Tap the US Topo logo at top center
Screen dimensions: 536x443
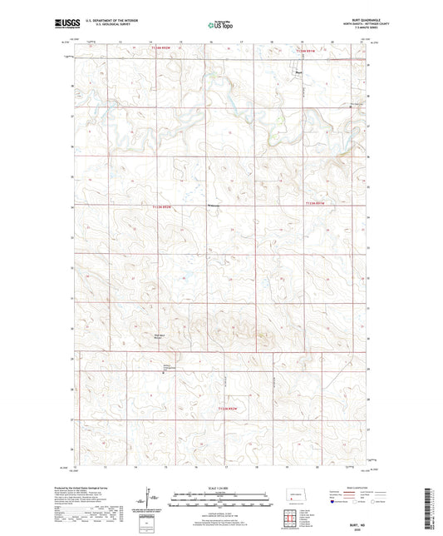(221, 26)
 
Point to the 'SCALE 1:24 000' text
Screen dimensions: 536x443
(221, 489)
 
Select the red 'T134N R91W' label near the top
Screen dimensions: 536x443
(308, 52)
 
